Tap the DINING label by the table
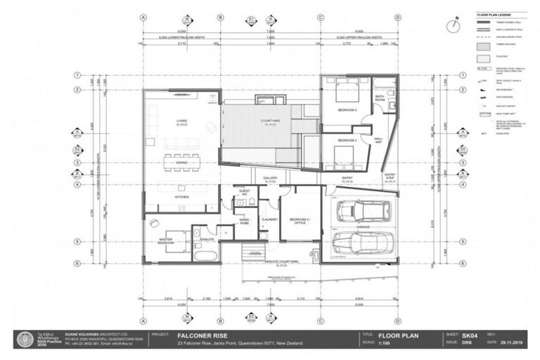click(182, 162)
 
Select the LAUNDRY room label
click(269, 220)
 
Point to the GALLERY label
click(271, 179)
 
